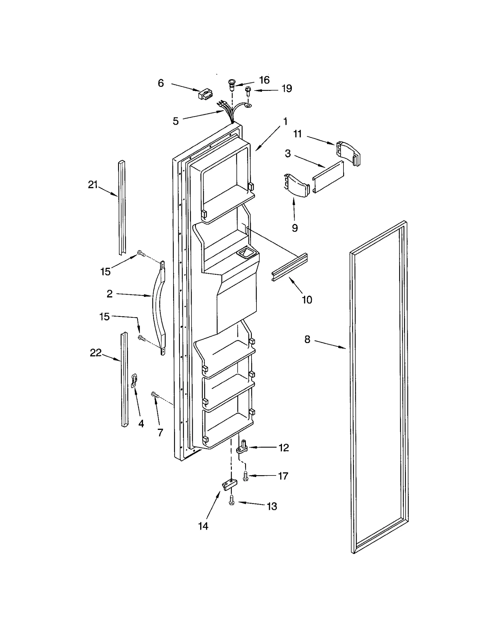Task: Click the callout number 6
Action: (161, 83)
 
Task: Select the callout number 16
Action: (264, 80)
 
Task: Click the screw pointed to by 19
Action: (247, 91)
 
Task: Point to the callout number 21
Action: (93, 185)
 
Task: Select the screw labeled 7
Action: (154, 394)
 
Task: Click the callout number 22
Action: (96, 353)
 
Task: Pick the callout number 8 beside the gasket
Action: (307, 339)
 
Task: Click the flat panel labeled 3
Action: (328, 177)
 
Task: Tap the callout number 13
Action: (272, 506)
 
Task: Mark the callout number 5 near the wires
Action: (176, 121)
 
